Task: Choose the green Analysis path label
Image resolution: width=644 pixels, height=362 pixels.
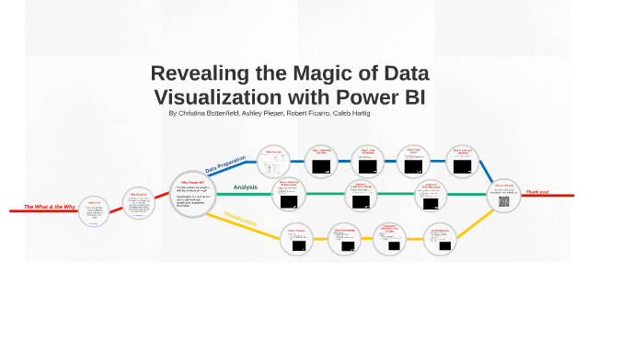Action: (245, 187)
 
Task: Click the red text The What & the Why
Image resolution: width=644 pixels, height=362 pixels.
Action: (50, 207)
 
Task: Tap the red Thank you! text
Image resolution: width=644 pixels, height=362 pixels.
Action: (537, 192)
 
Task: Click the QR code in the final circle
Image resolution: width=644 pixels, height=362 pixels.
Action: (504, 200)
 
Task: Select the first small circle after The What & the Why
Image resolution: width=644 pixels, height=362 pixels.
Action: (95, 213)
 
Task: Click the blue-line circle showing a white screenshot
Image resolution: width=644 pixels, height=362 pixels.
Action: (274, 164)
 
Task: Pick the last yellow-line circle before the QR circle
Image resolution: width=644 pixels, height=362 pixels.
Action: (440, 239)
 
